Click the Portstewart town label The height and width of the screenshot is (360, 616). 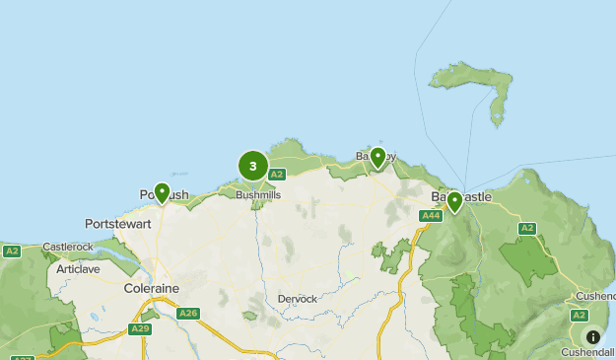pyautogui.click(x=117, y=223)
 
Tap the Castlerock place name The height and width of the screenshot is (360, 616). pyautogui.click(x=66, y=247)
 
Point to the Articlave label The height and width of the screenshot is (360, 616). pyautogui.click(x=78, y=268)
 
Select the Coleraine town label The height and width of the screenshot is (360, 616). pyautogui.click(x=151, y=288)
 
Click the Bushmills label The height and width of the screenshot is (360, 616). pyautogui.click(x=258, y=195)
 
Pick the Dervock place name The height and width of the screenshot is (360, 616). pyautogui.click(x=297, y=299)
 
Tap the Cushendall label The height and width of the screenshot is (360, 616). pyautogui.click(x=588, y=352)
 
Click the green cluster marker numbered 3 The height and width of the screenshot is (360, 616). pyautogui.click(x=253, y=167)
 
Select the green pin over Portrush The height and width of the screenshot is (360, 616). pyautogui.click(x=162, y=192)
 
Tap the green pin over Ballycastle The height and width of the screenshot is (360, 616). pyautogui.click(x=454, y=202)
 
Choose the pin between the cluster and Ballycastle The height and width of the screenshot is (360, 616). pyautogui.click(x=377, y=157)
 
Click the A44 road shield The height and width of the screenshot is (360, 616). pyautogui.click(x=430, y=216)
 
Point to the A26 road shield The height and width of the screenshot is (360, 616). pyautogui.click(x=188, y=314)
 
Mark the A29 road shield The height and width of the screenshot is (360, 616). pyautogui.click(x=140, y=328)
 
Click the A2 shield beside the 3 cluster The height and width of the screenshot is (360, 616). pyautogui.click(x=277, y=175)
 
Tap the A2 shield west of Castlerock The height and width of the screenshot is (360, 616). pyautogui.click(x=12, y=252)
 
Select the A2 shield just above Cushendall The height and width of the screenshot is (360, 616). pyautogui.click(x=579, y=315)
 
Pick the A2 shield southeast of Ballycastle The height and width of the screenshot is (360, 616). pyautogui.click(x=527, y=228)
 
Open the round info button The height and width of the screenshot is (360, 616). pyautogui.click(x=592, y=336)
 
